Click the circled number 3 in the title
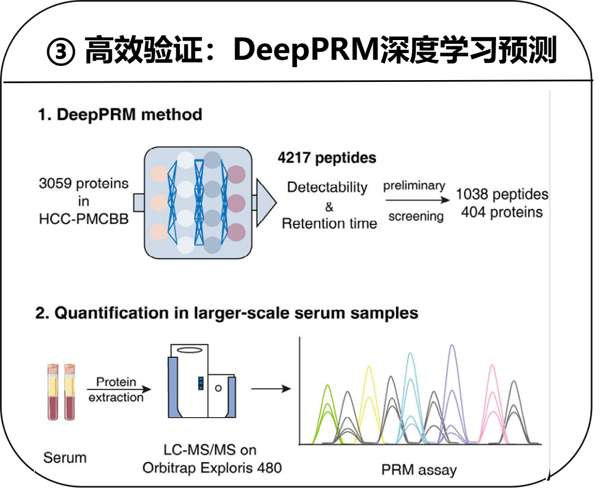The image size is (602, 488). [x=60, y=52]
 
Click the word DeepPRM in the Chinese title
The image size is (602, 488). [x=306, y=50]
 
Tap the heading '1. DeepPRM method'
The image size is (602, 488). [x=120, y=115]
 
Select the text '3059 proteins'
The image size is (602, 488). [x=84, y=183]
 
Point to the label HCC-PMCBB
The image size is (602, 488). [x=84, y=219]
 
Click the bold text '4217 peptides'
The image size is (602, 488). [x=327, y=158]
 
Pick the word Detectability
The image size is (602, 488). [x=327, y=187]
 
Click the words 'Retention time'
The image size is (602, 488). [x=330, y=223]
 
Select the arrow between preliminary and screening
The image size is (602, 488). [x=418, y=200]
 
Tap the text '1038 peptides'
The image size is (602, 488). [x=502, y=194]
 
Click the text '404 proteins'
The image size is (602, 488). [x=502, y=212]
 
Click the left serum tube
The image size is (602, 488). [x=52, y=392]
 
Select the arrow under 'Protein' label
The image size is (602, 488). [x=119, y=389]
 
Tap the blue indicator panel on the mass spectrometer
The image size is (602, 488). [x=200, y=383]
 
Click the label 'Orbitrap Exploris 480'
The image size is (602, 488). [x=212, y=468]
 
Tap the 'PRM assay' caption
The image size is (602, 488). [x=419, y=470]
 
